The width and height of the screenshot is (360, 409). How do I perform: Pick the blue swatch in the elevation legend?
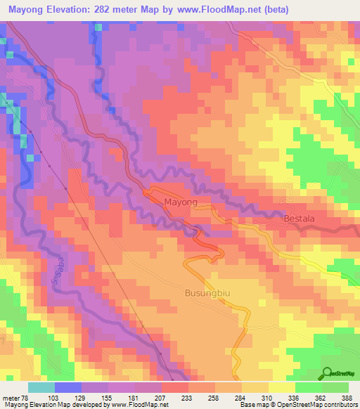click(x=68, y=387)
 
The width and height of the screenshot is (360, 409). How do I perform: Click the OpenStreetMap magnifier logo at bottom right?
click(x=328, y=373)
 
